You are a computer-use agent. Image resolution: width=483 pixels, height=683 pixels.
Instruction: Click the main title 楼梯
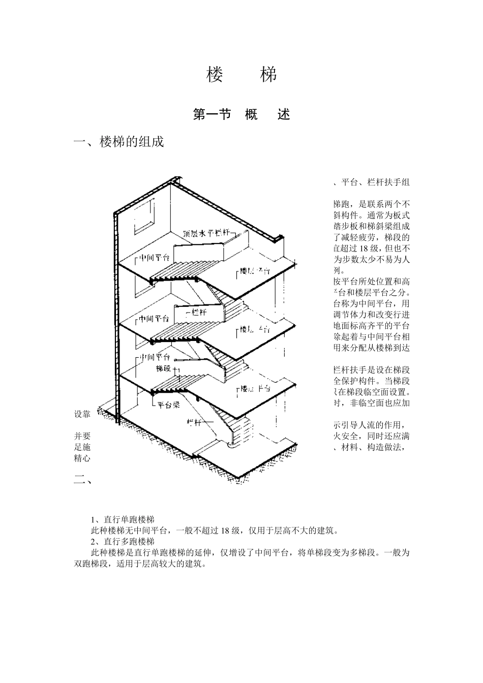click(242, 75)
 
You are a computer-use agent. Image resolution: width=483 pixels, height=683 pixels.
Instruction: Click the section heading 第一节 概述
click(242, 115)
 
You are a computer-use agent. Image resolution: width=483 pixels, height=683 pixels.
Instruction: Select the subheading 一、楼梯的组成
click(119, 142)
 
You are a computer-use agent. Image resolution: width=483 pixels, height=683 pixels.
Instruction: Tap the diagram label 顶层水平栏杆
click(205, 234)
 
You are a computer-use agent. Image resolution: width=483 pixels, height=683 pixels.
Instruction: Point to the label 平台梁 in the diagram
click(168, 405)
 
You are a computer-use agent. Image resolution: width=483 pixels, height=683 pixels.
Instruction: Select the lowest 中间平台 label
click(155, 357)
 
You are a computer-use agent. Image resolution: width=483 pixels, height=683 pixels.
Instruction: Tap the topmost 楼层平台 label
click(255, 270)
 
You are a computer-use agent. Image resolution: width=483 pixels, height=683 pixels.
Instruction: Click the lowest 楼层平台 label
click(255, 389)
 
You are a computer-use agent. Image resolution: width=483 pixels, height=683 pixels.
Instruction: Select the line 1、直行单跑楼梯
click(122, 519)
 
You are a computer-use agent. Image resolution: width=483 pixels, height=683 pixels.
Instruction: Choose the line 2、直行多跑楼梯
click(122, 542)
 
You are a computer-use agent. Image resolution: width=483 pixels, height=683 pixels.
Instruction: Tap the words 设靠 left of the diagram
click(82, 414)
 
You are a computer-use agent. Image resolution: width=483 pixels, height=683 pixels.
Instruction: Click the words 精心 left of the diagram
click(82, 458)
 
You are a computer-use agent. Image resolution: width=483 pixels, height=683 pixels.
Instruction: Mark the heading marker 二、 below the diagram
click(82, 479)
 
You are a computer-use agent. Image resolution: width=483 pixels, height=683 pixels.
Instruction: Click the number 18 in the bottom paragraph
click(226, 531)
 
